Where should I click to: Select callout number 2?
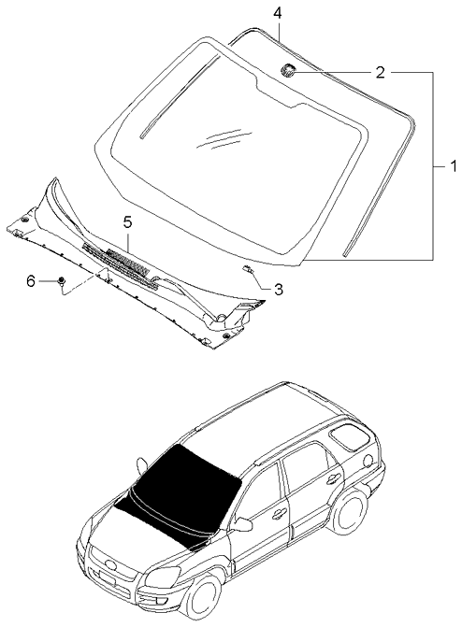tap(380, 71)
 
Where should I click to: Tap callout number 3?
tap(278, 289)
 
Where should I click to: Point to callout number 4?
tap(277, 13)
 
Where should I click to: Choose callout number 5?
tap(127, 221)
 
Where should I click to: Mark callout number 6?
tap(30, 280)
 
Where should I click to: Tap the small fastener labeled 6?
tap(60, 280)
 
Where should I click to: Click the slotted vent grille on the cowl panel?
tap(117, 259)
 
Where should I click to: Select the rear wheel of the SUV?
tap(349, 517)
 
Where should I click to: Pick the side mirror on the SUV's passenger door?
tap(243, 524)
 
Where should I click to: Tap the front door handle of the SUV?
tap(279, 513)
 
